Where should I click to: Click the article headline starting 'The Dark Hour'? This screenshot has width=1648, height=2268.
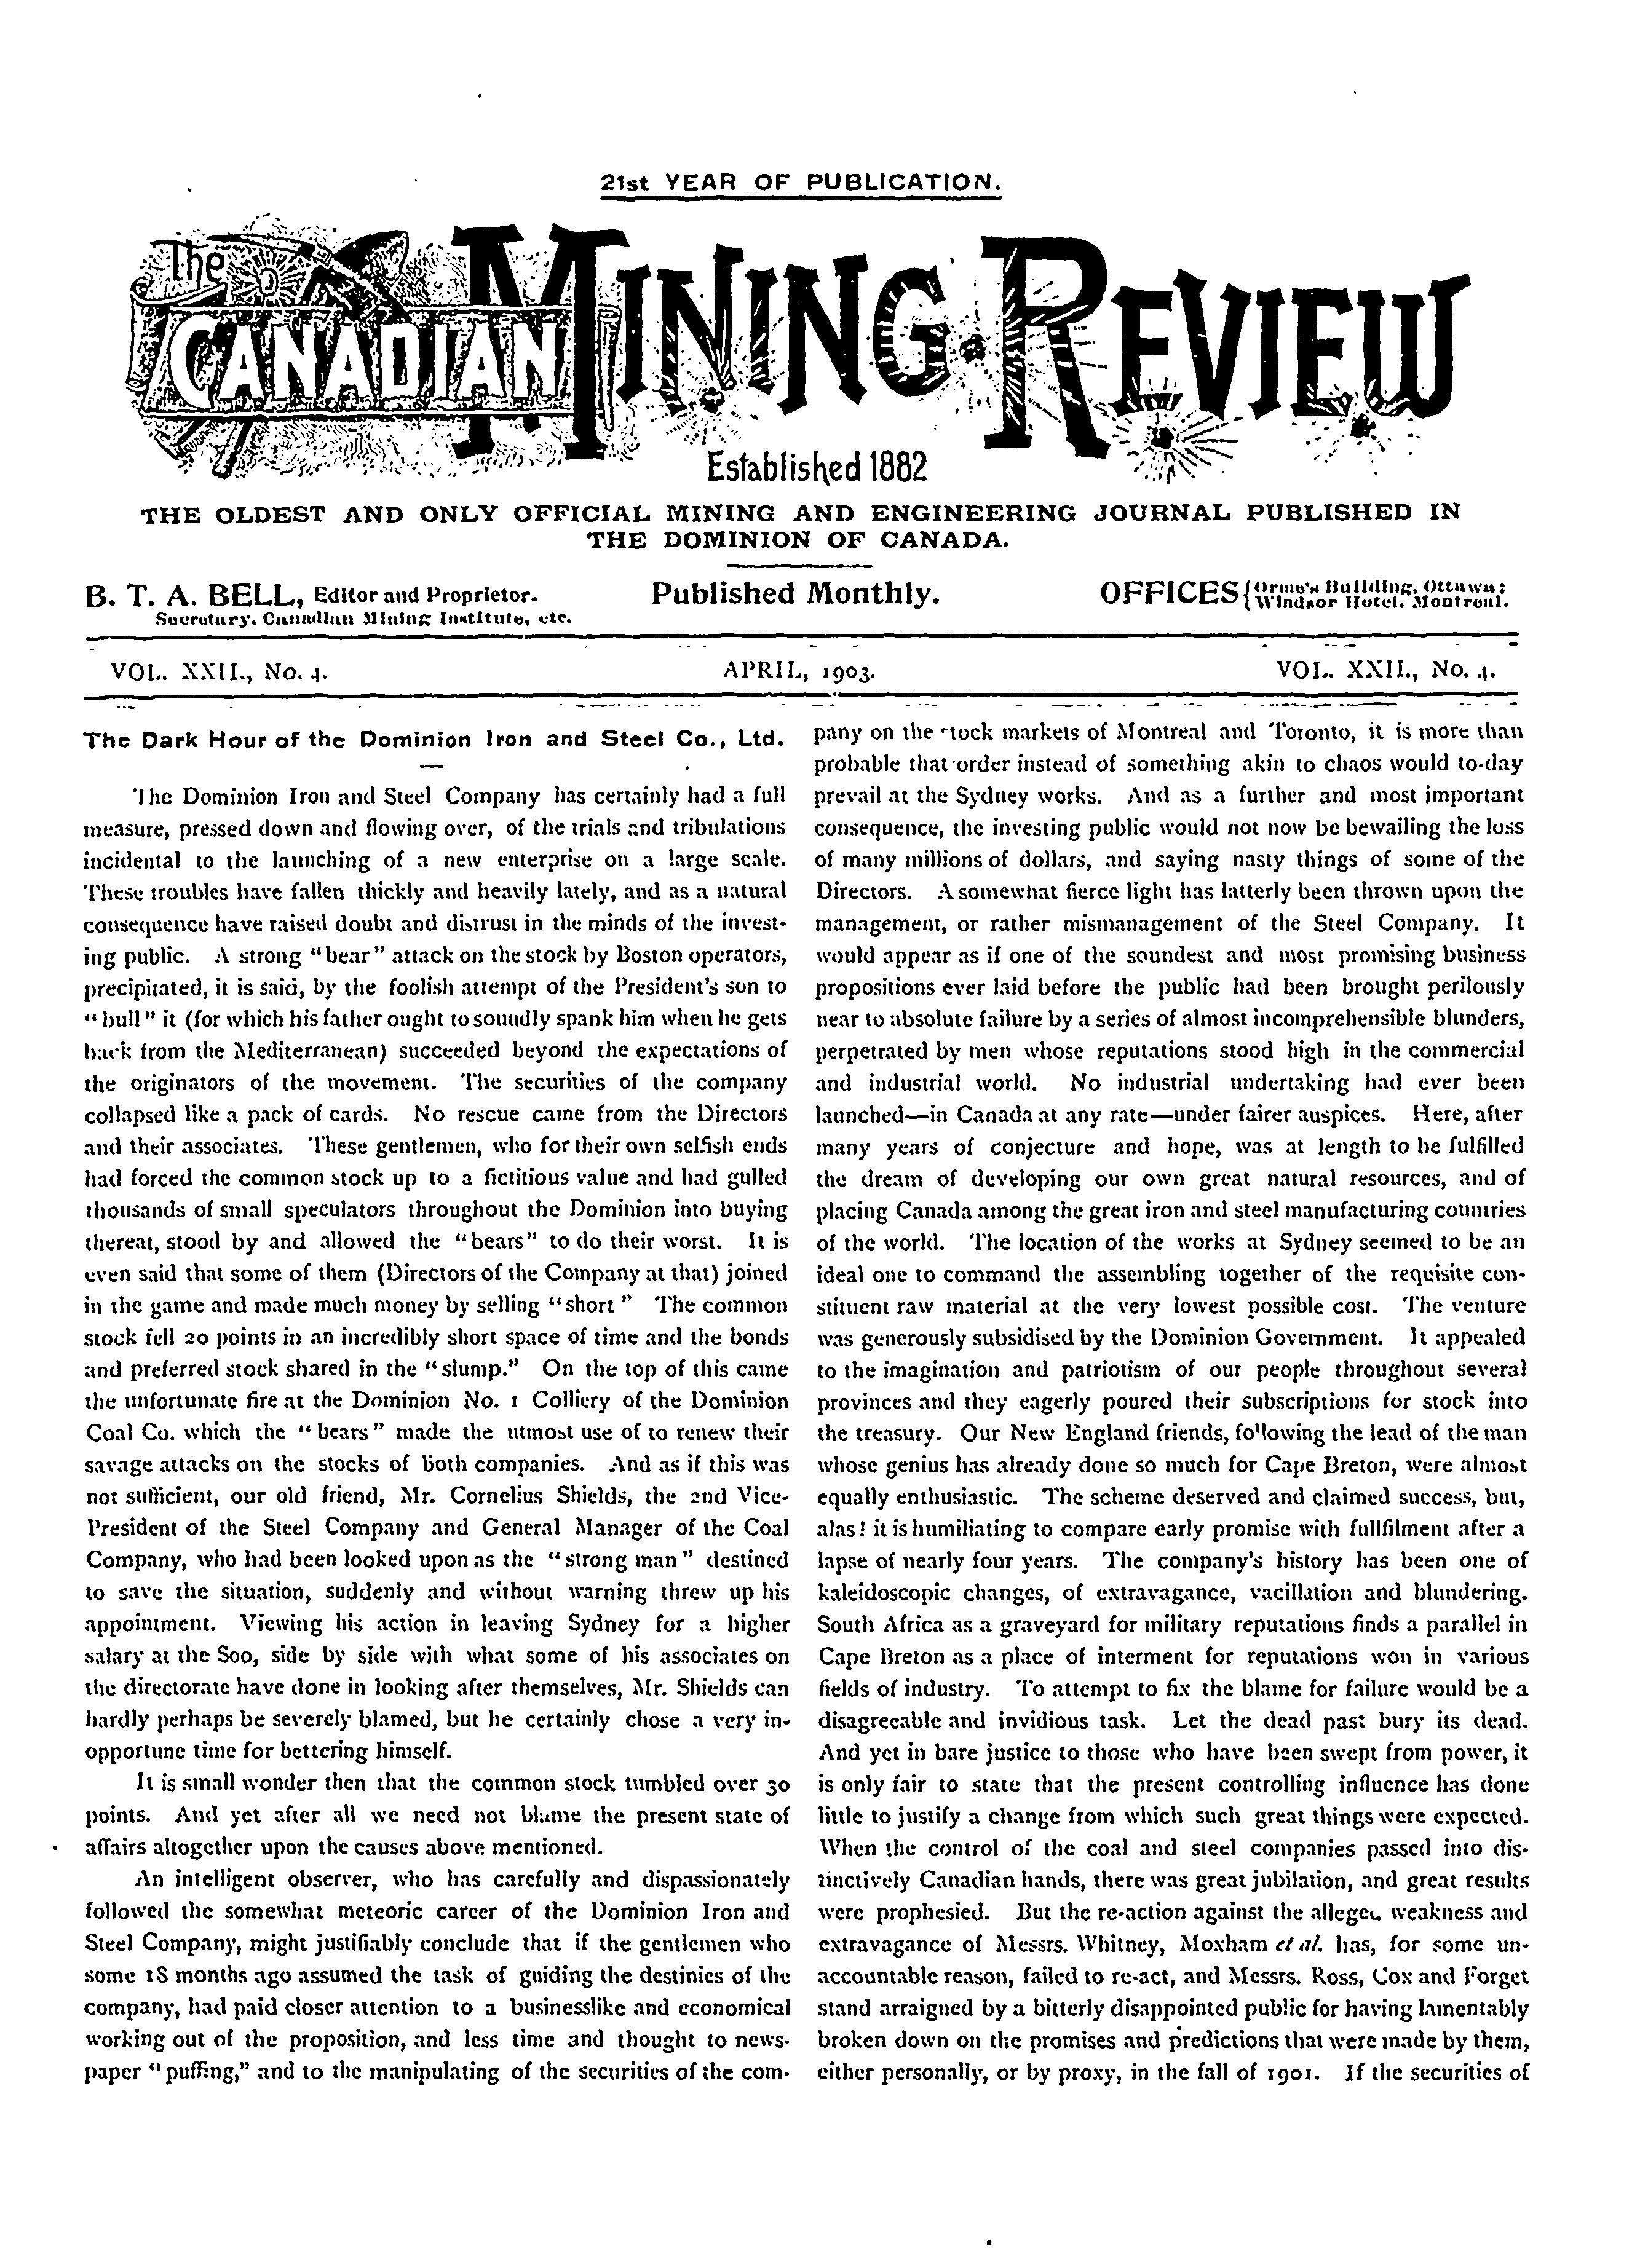click(432, 741)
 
